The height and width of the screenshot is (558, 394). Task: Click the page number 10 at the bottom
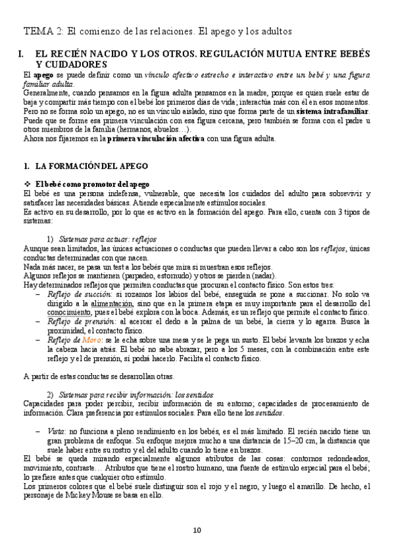[x=197, y=531]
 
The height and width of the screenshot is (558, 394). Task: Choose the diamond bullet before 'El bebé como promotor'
[x=27, y=184]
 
